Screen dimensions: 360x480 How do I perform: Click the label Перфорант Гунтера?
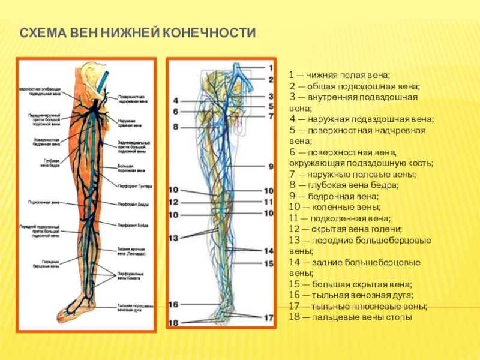pyautogui.click(x=134, y=187)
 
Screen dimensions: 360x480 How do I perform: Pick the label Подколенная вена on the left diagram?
pyautogui.click(x=40, y=202)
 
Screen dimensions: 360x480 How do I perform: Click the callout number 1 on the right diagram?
pyautogui.click(x=271, y=68)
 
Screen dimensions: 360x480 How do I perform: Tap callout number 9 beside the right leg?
pyautogui.click(x=271, y=166)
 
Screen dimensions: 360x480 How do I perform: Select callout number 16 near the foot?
pyautogui.click(x=173, y=305)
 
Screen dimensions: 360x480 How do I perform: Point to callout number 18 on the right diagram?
pyautogui.click(x=173, y=323)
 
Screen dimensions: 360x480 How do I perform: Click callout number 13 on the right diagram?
pyautogui.click(x=173, y=238)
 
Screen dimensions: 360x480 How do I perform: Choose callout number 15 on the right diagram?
pyautogui.click(x=269, y=263)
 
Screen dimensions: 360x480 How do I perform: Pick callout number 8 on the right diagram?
pyautogui.click(x=176, y=127)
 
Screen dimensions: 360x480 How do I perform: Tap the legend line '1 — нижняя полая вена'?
pyautogui.click(x=339, y=76)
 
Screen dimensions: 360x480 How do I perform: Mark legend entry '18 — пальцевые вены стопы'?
pyautogui.click(x=350, y=317)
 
